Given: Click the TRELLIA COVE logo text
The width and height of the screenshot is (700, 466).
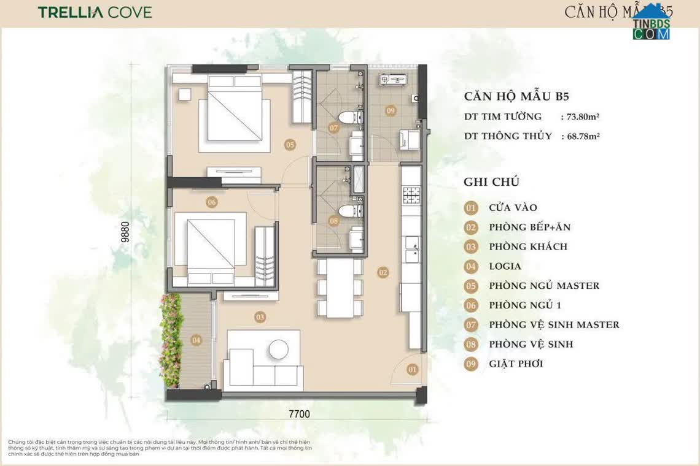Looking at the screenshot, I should pyautogui.click(x=95, y=12).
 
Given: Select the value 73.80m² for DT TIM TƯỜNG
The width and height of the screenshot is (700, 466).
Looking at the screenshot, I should pyautogui.click(x=580, y=116).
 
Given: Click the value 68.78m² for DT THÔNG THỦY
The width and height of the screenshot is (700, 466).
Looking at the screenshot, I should pyautogui.click(x=580, y=136).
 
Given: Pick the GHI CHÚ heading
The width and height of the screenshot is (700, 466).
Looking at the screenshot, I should pyautogui.click(x=491, y=181).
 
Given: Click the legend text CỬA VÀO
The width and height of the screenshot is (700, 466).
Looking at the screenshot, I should pyautogui.click(x=513, y=208).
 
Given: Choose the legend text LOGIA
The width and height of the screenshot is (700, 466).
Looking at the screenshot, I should pyautogui.click(x=505, y=266).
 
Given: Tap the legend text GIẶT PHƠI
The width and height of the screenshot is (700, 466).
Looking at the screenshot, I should pyautogui.click(x=516, y=364).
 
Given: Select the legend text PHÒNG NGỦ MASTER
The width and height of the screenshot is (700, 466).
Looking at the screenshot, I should pyautogui.click(x=544, y=286).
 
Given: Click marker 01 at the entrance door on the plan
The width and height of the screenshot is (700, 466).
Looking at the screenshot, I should pyautogui.click(x=412, y=369).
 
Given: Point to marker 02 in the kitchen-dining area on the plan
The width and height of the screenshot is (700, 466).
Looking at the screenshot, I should pyautogui.click(x=383, y=272).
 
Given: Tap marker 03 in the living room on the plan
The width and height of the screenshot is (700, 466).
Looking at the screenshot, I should pyautogui.click(x=260, y=317).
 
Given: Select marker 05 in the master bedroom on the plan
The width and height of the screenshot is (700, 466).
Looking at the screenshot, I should pyautogui.click(x=290, y=145).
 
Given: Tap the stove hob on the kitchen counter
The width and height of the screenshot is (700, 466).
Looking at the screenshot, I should pyautogui.click(x=410, y=195).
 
